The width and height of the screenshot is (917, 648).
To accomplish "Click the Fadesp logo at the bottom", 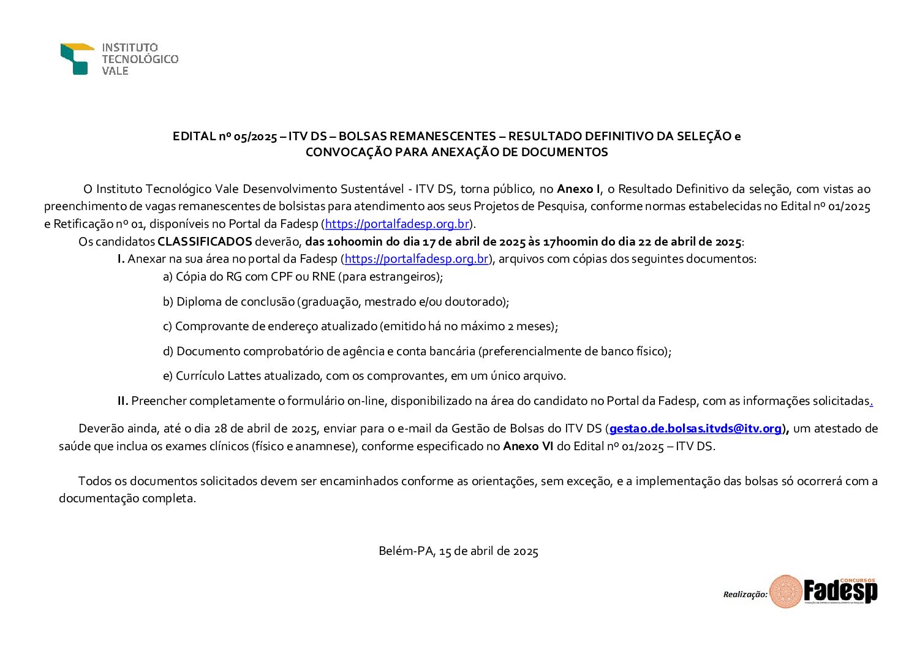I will click(823, 592).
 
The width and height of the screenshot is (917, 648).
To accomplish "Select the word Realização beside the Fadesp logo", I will click(745, 594).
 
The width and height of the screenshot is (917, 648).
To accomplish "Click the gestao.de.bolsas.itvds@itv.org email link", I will click(695, 429).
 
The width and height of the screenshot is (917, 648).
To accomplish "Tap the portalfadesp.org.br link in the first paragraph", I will click(397, 224).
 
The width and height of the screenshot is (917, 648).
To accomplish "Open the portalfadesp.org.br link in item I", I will click(417, 259).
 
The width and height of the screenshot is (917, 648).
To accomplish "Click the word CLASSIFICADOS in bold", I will click(205, 241).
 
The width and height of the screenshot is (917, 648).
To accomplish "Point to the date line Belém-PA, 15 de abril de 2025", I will click(458, 551).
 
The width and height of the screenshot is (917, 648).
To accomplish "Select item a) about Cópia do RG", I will click(303, 277).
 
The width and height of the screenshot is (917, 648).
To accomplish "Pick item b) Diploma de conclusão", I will click(336, 302).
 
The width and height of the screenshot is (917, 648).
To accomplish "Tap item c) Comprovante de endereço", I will click(360, 326).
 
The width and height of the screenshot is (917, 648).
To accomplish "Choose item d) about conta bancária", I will click(417, 352).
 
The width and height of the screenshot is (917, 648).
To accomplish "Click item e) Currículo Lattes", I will click(364, 376).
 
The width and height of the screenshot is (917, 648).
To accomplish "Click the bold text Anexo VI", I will click(528, 446).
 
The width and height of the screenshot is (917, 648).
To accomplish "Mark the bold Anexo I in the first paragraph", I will click(579, 189).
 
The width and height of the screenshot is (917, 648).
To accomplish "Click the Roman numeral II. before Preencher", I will click(123, 401).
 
